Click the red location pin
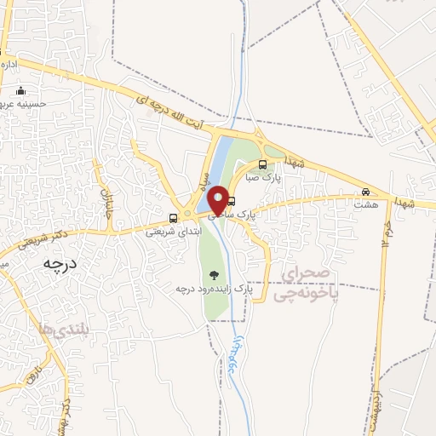pyautogui.click(x=218, y=199)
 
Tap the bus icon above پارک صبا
pyautogui.click(x=261, y=165)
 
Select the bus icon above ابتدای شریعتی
pyautogui.click(x=174, y=217)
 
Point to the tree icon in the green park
pyautogui.click(x=213, y=274)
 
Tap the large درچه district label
pyautogui.click(x=60, y=264)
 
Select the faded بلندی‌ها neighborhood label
pyautogui.click(x=64, y=328)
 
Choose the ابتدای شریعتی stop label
pyautogui.click(x=174, y=230)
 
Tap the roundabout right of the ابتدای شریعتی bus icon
pyautogui.click(x=188, y=217)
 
